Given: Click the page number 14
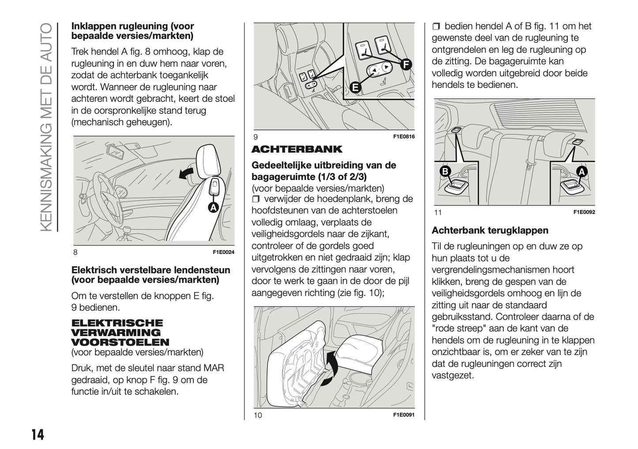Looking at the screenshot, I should [38, 434].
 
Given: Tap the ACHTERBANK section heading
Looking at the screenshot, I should [297, 149].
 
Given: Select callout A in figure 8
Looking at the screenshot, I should [213, 207].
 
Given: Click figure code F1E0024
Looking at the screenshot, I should [223, 252].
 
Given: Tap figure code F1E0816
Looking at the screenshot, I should [404, 137].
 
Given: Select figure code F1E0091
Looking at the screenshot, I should [404, 415].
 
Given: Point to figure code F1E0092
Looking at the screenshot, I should [584, 212].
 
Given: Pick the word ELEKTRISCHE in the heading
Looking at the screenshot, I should [117, 323].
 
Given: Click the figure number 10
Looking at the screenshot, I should [258, 415].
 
